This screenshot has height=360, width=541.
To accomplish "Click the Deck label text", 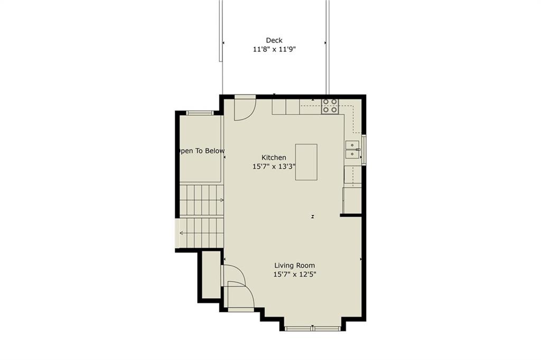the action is coord(274,40).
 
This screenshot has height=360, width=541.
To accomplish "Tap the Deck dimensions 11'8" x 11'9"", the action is coord(274,49).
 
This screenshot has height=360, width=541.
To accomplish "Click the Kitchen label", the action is coord(274,158).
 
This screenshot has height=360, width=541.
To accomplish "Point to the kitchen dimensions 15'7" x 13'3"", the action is coord(274,167).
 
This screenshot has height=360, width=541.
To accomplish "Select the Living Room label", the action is coord(295,265).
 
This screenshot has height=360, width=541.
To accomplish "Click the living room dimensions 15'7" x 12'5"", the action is coord(295,274).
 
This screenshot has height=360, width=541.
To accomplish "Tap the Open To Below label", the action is coord(201,151).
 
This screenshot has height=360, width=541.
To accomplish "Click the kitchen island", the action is coord(306,162).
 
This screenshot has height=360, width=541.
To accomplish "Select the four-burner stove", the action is coord(330,106).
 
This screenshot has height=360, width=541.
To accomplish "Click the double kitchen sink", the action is coord(352,150).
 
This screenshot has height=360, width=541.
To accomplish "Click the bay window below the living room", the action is coord(313,329).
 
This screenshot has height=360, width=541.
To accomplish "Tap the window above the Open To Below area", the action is coord(200,113).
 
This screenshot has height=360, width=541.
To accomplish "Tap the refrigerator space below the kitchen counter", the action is coord(352,200).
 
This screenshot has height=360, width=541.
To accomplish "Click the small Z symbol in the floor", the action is coord(313,217).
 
